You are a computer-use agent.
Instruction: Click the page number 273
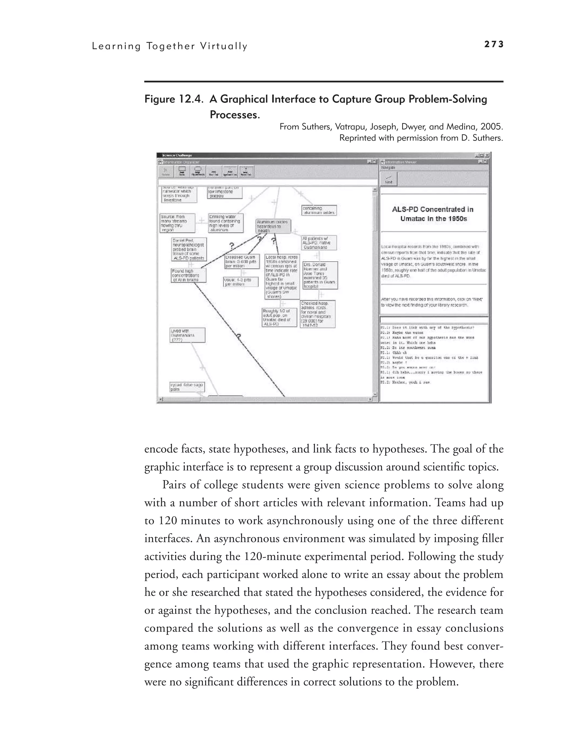(493, 44)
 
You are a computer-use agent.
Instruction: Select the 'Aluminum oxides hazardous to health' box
(273, 226)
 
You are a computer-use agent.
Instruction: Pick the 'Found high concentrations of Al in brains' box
(188, 275)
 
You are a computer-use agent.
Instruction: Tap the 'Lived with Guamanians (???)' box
(187, 335)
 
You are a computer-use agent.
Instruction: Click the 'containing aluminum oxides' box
(319, 210)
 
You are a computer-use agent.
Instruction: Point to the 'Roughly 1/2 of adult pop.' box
(279, 317)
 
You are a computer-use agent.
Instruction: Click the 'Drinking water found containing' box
(225, 223)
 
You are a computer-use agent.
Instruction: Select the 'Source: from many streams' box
(177, 223)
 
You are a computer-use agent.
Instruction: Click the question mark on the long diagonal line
(238, 337)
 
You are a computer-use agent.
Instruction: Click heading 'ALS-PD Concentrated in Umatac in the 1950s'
(433, 214)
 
